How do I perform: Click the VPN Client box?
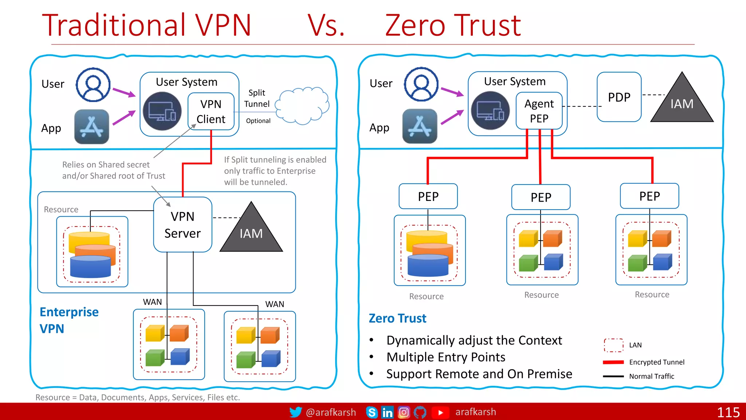click(211, 112)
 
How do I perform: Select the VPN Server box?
click(182, 225)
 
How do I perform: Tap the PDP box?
click(619, 97)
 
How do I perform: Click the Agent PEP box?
click(539, 111)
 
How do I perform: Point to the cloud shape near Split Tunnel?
click(302, 105)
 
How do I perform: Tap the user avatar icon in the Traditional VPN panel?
click(93, 85)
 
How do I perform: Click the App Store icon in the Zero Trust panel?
click(420, 126)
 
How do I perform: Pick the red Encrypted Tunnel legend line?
click(613, 362)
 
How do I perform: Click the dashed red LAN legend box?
click(613, 345)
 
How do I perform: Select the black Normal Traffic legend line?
click(613, 376)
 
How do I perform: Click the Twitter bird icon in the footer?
click(295, 412)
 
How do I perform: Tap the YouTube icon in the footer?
click(440, 412)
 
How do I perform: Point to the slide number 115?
click(728, 412)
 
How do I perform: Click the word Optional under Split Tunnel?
click(258, 121)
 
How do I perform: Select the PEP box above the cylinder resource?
click(428, 196)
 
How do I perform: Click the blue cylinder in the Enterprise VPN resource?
click(90, 267)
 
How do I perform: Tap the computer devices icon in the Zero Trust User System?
click(490, 110)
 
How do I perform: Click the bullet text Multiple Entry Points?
click(445, 357)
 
